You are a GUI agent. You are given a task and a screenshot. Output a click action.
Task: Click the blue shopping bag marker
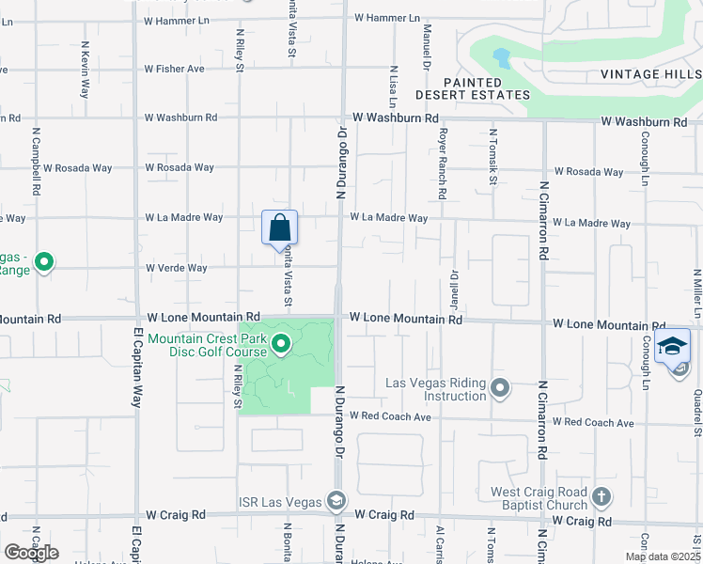(x=279, y=227)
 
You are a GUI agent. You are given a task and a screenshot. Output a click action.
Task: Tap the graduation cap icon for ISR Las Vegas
(x=336, y=499)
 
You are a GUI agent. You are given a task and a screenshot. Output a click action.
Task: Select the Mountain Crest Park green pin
(x=281, y=347)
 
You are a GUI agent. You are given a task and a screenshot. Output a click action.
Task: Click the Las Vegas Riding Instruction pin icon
(x=500, y=387)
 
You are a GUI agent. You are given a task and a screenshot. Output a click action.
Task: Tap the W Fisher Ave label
(x=175, y=69)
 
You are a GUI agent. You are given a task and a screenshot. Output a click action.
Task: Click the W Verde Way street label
(x=176, y=268)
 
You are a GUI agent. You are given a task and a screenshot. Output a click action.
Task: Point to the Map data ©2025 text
(x=662, y=556)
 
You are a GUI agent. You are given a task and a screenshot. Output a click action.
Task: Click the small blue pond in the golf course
(x=502, y=58)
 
